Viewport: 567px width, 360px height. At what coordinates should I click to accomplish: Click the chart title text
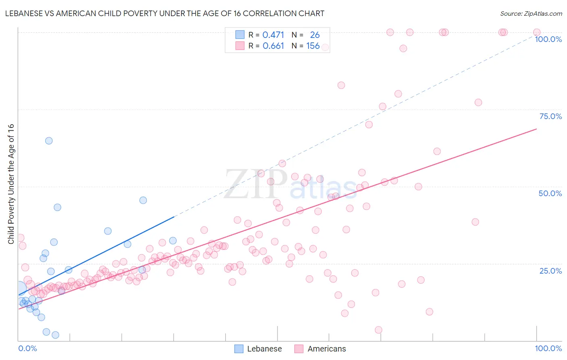pos(165,14)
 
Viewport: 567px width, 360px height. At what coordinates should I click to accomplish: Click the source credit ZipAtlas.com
pos(531,14)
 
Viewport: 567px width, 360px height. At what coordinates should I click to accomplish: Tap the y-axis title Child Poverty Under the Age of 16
pos(11,184)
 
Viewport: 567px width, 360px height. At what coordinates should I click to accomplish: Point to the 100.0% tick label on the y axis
pos(548,39)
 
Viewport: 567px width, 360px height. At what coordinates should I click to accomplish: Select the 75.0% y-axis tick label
pos(550,116)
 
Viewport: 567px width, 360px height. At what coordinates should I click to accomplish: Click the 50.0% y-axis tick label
pos(550,193)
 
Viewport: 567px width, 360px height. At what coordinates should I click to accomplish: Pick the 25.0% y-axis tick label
pos(550,271)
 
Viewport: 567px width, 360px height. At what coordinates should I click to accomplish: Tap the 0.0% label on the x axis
pos(27,348)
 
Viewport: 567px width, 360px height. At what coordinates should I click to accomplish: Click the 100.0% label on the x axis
pos(548,348)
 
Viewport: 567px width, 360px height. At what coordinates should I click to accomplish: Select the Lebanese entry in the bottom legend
pos(258,349)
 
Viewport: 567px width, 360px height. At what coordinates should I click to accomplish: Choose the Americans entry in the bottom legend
pos(320,349)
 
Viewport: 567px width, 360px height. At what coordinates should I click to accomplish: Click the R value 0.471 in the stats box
pos(273,35)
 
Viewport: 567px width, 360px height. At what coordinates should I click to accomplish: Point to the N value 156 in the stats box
pos(313,46)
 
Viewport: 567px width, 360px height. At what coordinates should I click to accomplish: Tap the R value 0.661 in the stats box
pos(273,46)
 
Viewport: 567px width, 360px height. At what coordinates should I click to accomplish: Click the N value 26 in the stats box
pos(315,35)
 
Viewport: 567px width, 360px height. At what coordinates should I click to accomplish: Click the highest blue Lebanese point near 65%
pos(49,141)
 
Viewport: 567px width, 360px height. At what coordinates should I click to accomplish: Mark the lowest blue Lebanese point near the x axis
pos(56,335)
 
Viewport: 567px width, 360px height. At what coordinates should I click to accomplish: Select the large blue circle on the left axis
pos(19,288)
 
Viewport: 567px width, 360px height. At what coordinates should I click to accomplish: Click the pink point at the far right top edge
pos(537,32)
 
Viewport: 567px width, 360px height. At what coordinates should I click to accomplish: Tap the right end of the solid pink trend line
pos(536,129)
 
